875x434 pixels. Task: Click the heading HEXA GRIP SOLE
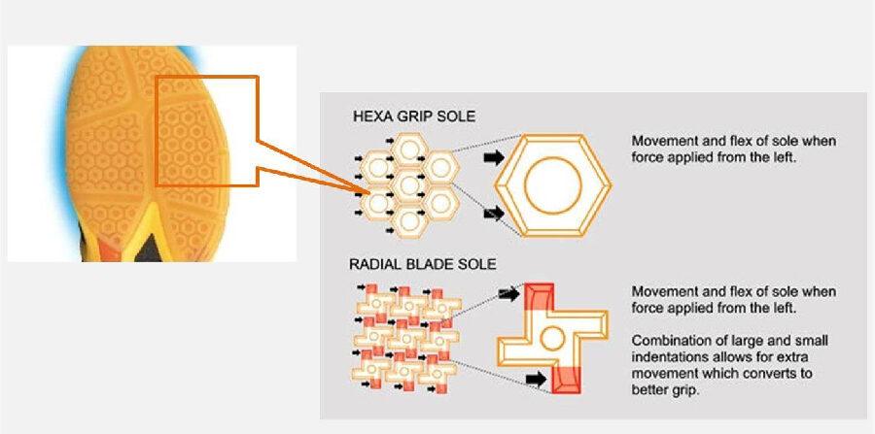414,117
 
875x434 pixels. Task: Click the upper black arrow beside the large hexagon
493,158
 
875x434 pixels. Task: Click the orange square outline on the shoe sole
206,130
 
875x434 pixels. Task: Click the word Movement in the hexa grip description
664,141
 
